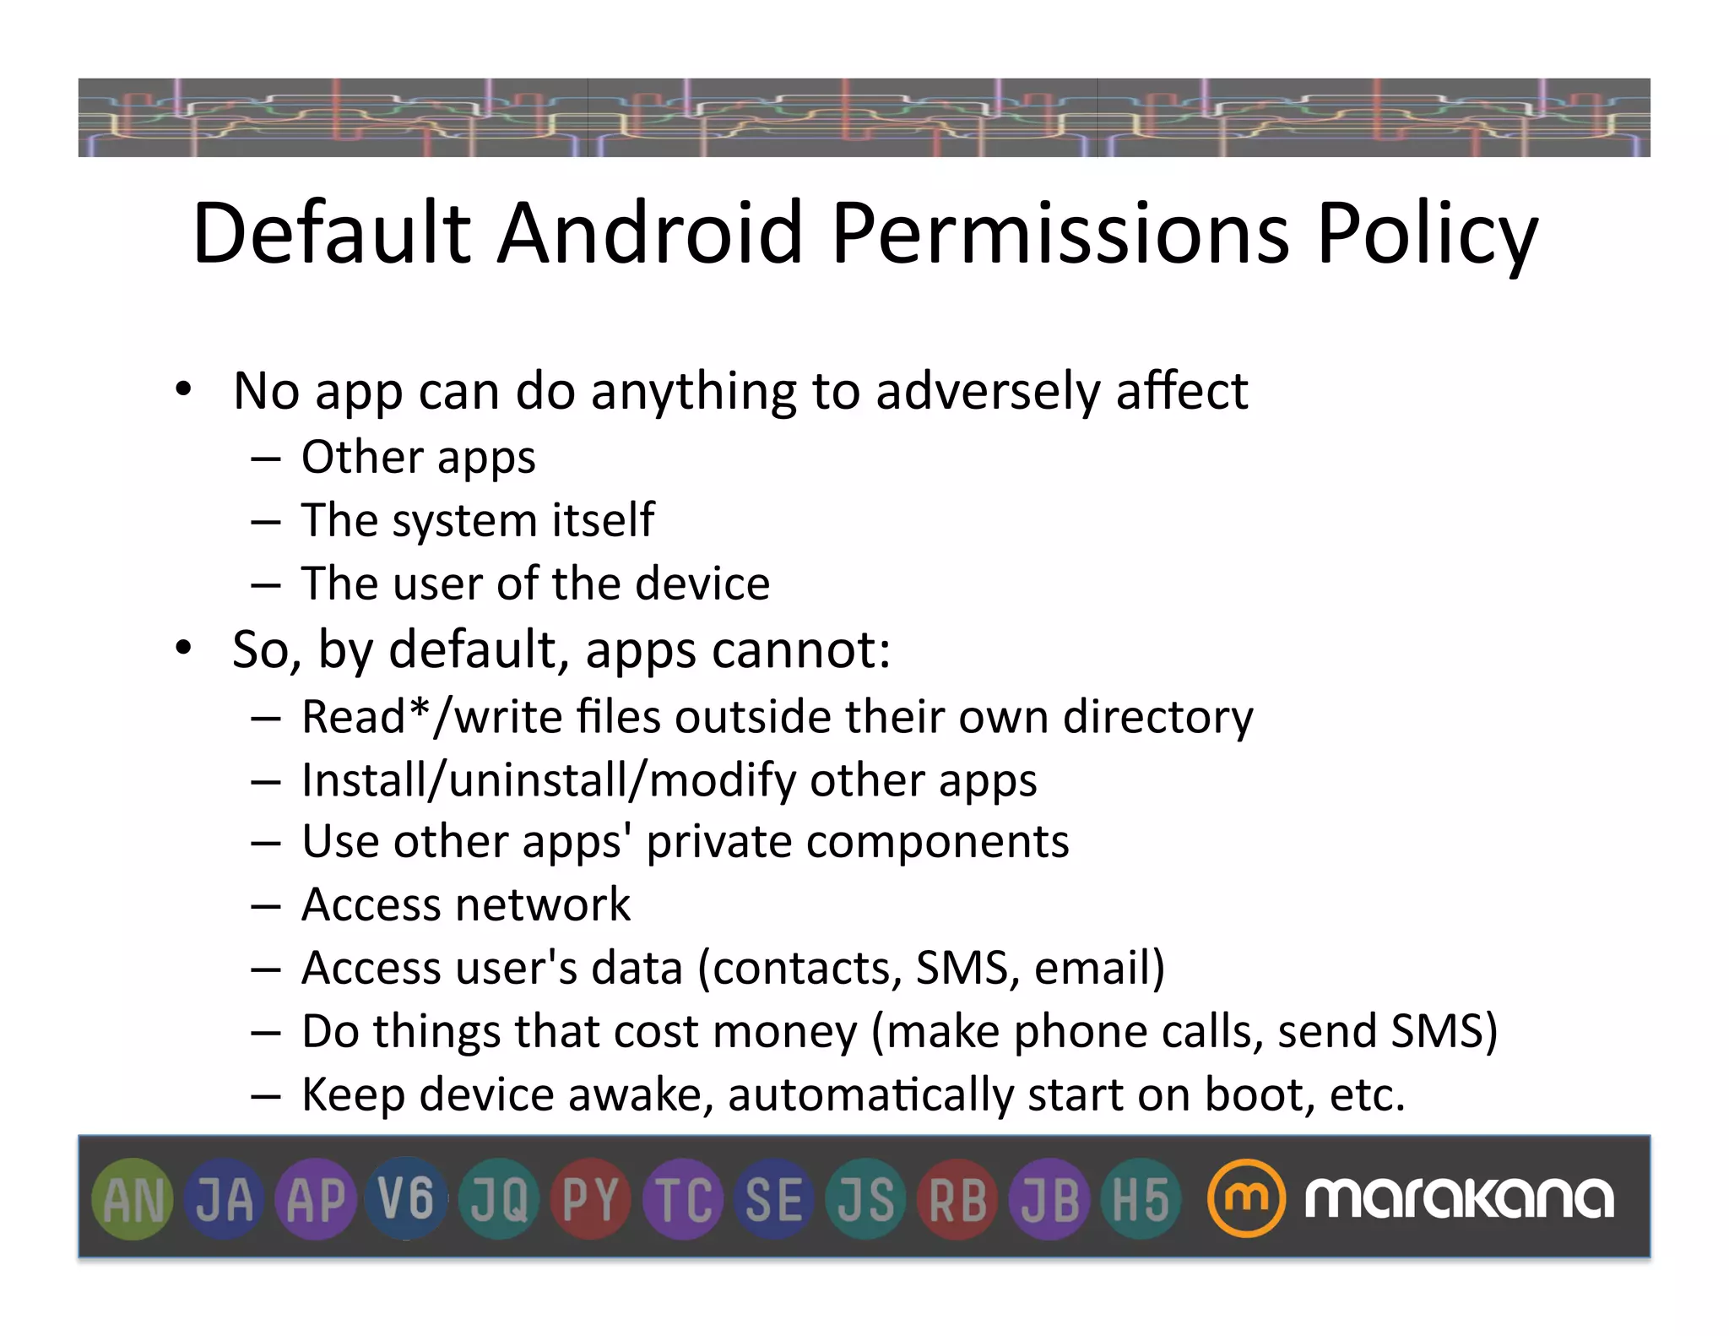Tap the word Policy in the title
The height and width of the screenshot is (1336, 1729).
pos(1428,234)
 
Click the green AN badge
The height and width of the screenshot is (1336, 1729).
pos(133,1199)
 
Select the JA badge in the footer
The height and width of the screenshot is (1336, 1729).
pos(225,1199)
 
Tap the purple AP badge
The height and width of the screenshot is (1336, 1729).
pos(316,1199)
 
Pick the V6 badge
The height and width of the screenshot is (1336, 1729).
pos(407,1199)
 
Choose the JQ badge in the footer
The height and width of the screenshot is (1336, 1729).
pos(499,1199)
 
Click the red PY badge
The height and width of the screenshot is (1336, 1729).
pos(591,1199)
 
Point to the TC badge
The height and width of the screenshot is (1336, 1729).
pos(683,1199)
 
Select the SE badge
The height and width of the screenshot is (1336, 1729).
pos(774,1199)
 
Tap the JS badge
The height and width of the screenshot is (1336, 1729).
pos(866,1199)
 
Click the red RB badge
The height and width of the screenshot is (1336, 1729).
pos(958,1199)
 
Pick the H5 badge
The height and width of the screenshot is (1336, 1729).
pos(1141,1199)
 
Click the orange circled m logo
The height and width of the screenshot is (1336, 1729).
pos(1246,1198)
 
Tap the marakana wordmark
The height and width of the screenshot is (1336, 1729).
pos(1460,1198)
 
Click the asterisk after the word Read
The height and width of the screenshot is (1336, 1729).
pos(420,708)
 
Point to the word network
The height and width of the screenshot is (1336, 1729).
pos(550,904)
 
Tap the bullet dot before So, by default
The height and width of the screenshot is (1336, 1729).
pos(183,649)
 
